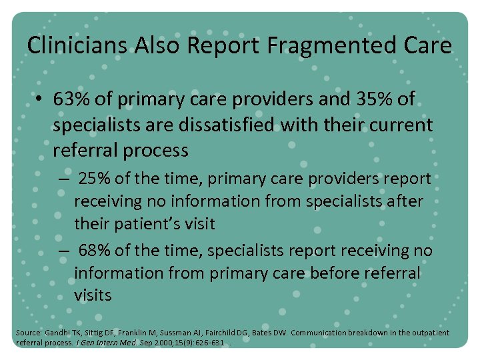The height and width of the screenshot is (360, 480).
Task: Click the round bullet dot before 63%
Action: [40, 100]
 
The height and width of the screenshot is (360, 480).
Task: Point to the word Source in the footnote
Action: [29, 332]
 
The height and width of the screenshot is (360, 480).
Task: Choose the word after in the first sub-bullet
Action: [405, 201]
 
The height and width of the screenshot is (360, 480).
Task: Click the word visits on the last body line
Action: [93, 295]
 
